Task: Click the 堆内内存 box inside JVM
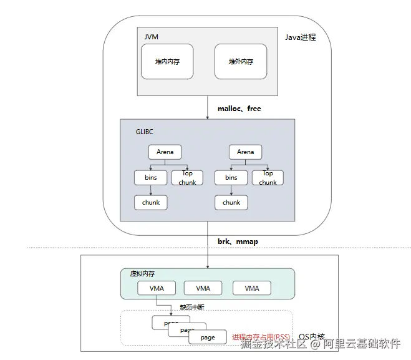click(167, 62)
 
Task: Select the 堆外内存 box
click(240, 62)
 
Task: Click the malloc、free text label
click(239, 109)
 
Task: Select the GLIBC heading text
click(144, 132)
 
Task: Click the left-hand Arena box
click(165, 152)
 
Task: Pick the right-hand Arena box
click(245, 152)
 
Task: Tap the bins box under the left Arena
click(151, 177)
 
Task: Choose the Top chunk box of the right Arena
click(268, 178)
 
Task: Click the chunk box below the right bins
click(231, 202)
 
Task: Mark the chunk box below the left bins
click(151, 202)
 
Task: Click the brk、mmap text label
click(238, 241)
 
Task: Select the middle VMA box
click(203, 288)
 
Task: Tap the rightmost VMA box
click(252, 288)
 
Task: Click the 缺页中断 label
click(191, 307)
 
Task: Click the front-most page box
click(208, 337)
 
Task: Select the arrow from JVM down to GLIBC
click(207, 107)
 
